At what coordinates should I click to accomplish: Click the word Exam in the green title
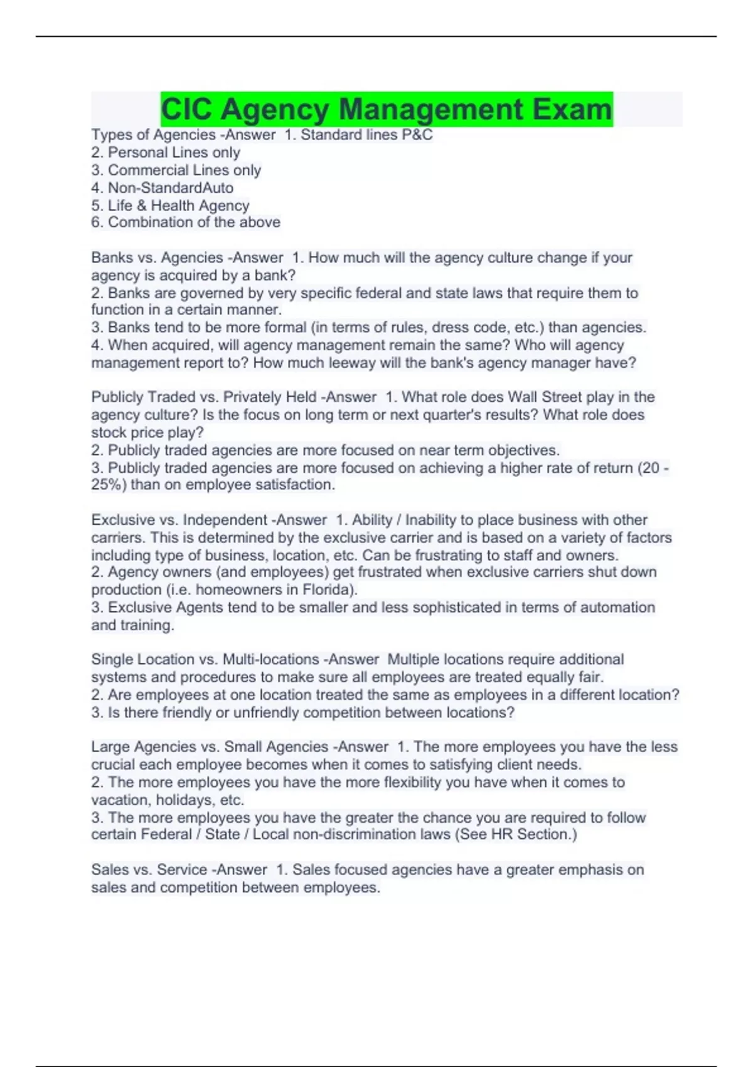(x=572, y=109)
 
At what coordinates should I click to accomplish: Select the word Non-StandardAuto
(x=171, y=188)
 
